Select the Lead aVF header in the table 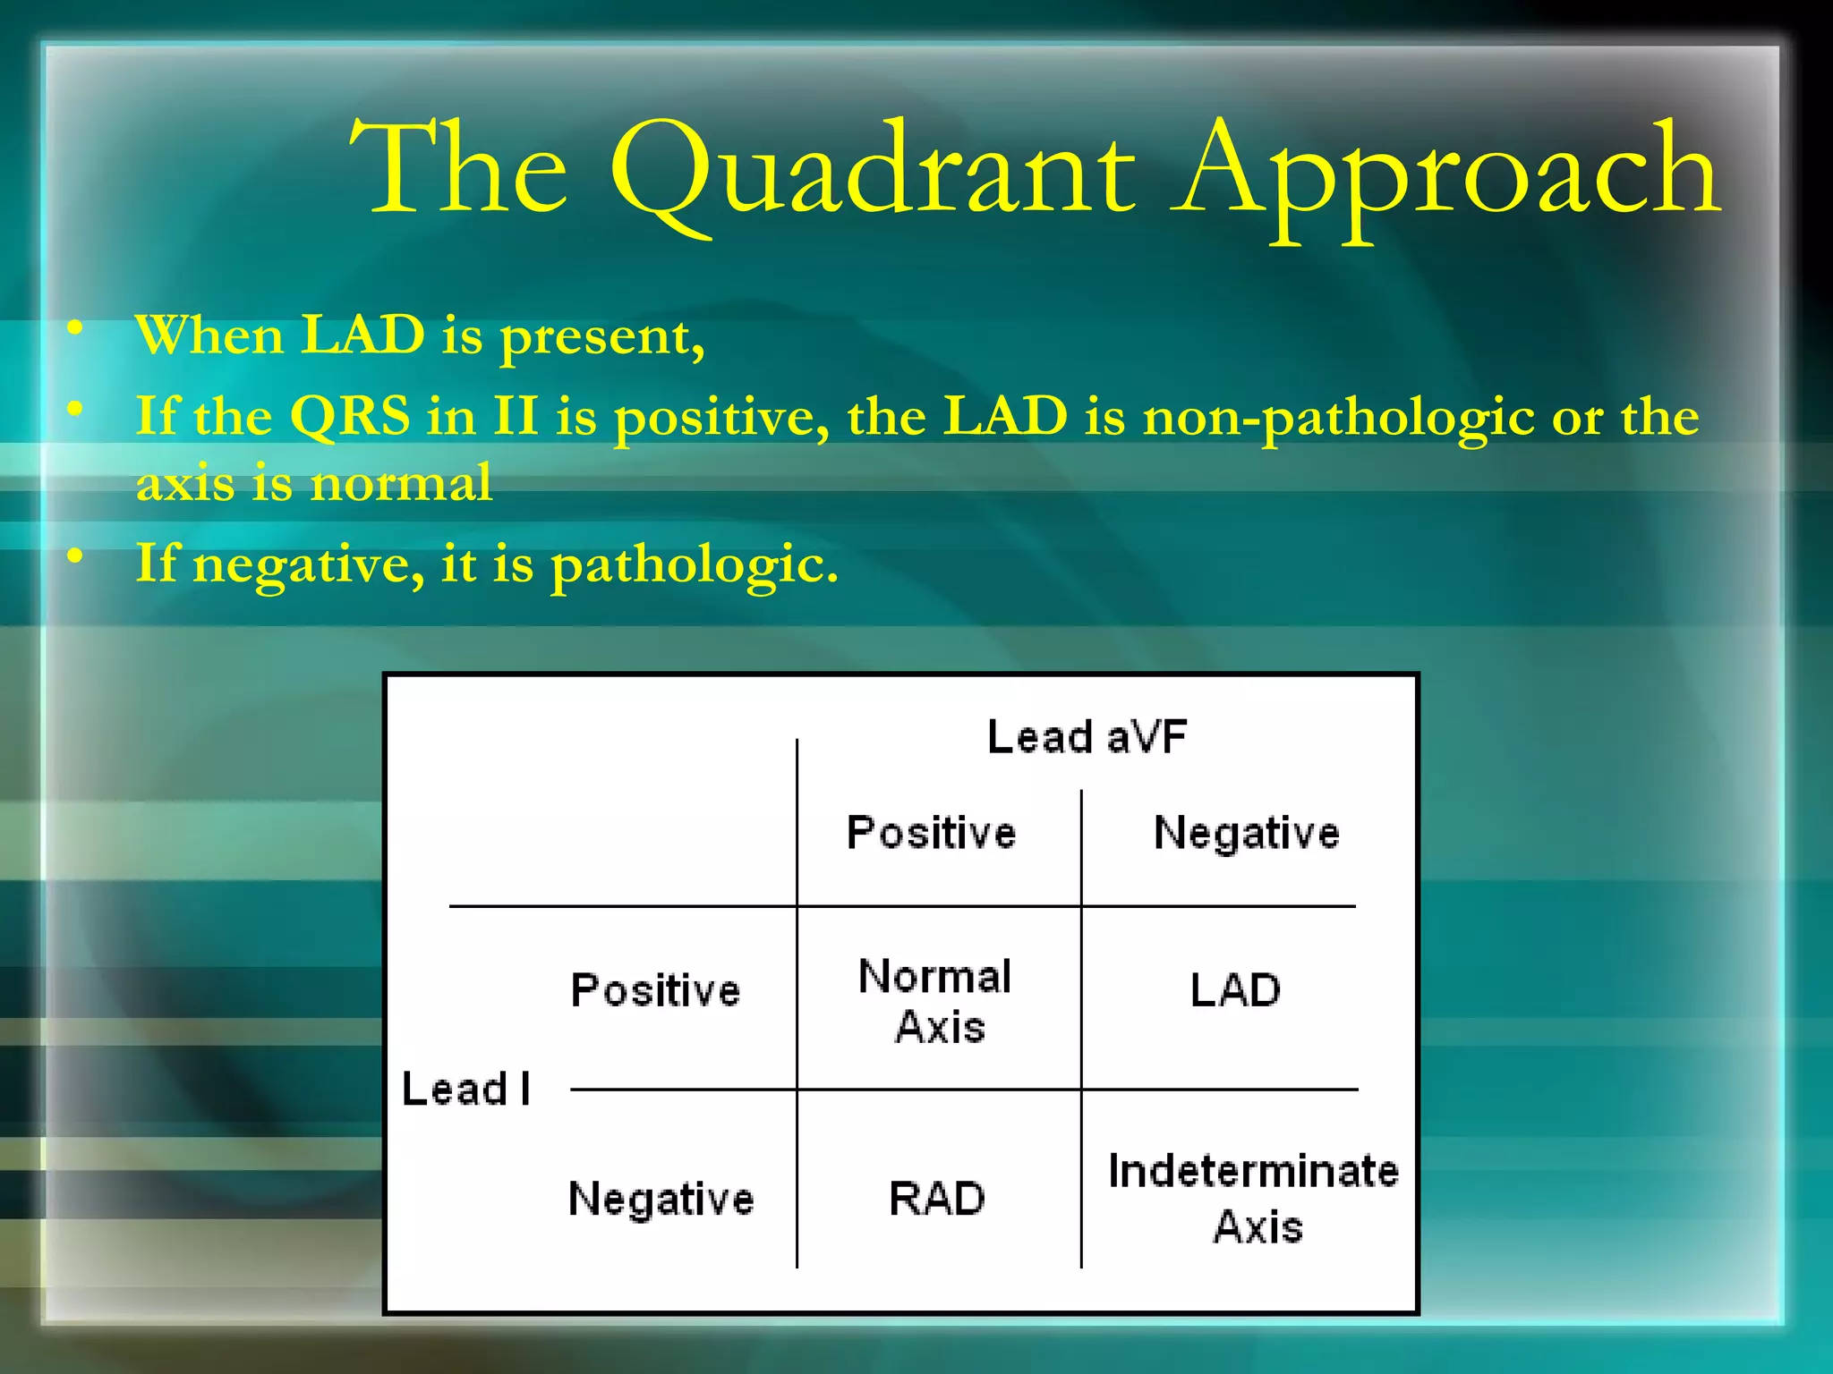click(1087, 737)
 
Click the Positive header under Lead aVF click(931, 833)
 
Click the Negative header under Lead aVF click(1246, 833)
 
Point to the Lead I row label click(465, 1089)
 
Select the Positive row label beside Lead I click(655, 990)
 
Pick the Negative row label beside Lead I click(661, 1198)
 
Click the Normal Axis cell click(936, 1001)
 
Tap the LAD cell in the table click(1235, 990)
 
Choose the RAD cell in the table click(936, 1198)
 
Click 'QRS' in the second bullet click(350, 416)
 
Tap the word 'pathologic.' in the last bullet click(695, 565)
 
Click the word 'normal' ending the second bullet click(400, 483)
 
